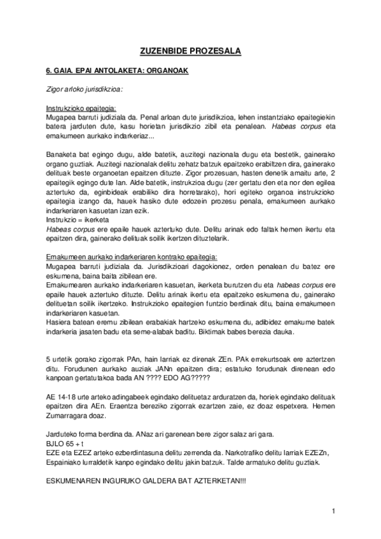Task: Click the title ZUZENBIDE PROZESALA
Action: point(191,50)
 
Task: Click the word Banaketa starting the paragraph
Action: point(62,154)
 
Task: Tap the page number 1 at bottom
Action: point(333,511)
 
